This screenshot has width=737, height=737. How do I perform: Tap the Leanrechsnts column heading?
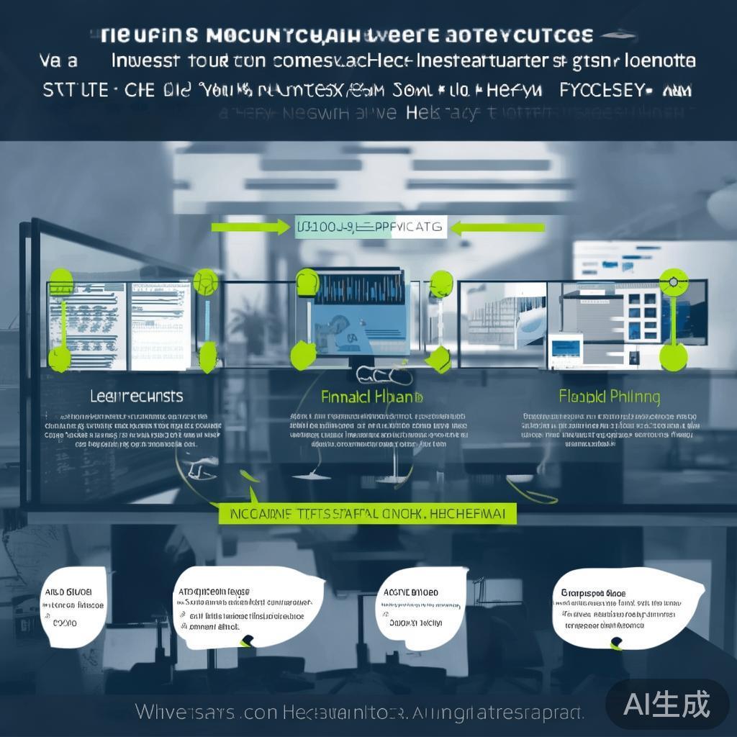tap(137, 397)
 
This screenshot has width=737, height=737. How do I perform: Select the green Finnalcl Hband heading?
tap(371, 397)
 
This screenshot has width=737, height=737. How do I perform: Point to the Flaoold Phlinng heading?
tap(609, 397)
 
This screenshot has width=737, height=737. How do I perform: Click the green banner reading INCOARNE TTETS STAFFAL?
tap(367, 513)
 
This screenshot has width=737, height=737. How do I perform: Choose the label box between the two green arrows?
tap(371, 228)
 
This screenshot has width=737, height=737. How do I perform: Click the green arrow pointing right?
tap(249, 228)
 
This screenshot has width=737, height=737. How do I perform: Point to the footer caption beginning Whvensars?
tap(360, 713)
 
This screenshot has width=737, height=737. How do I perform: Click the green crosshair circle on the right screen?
tap(674, 281)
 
